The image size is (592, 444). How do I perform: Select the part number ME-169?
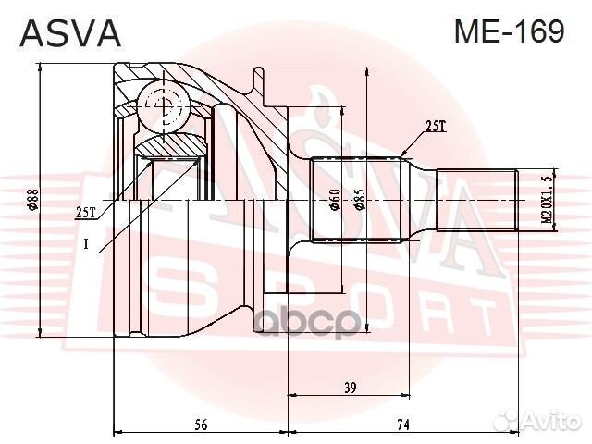508,32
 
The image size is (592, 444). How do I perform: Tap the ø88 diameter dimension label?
32,201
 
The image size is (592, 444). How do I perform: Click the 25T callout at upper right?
435,127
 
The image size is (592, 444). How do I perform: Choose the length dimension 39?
350,389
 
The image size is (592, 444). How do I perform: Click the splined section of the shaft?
360,201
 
